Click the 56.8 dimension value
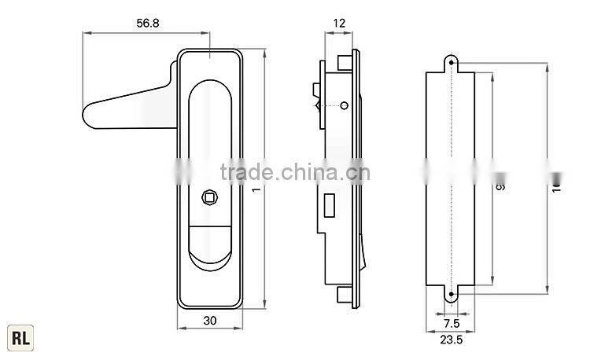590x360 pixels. pos(147,24)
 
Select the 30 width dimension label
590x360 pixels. pos(210,320)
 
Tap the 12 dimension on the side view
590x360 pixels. pos(339,24)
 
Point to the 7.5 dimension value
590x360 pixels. pos(451,323)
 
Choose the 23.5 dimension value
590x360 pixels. pos(450,340)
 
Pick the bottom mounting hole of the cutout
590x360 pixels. pos(452,296)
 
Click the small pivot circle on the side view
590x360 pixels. pos(344,105)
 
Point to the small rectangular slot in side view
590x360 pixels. pos(328,208)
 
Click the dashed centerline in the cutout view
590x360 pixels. pos(452,181)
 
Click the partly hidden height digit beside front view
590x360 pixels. pos(256,191)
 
